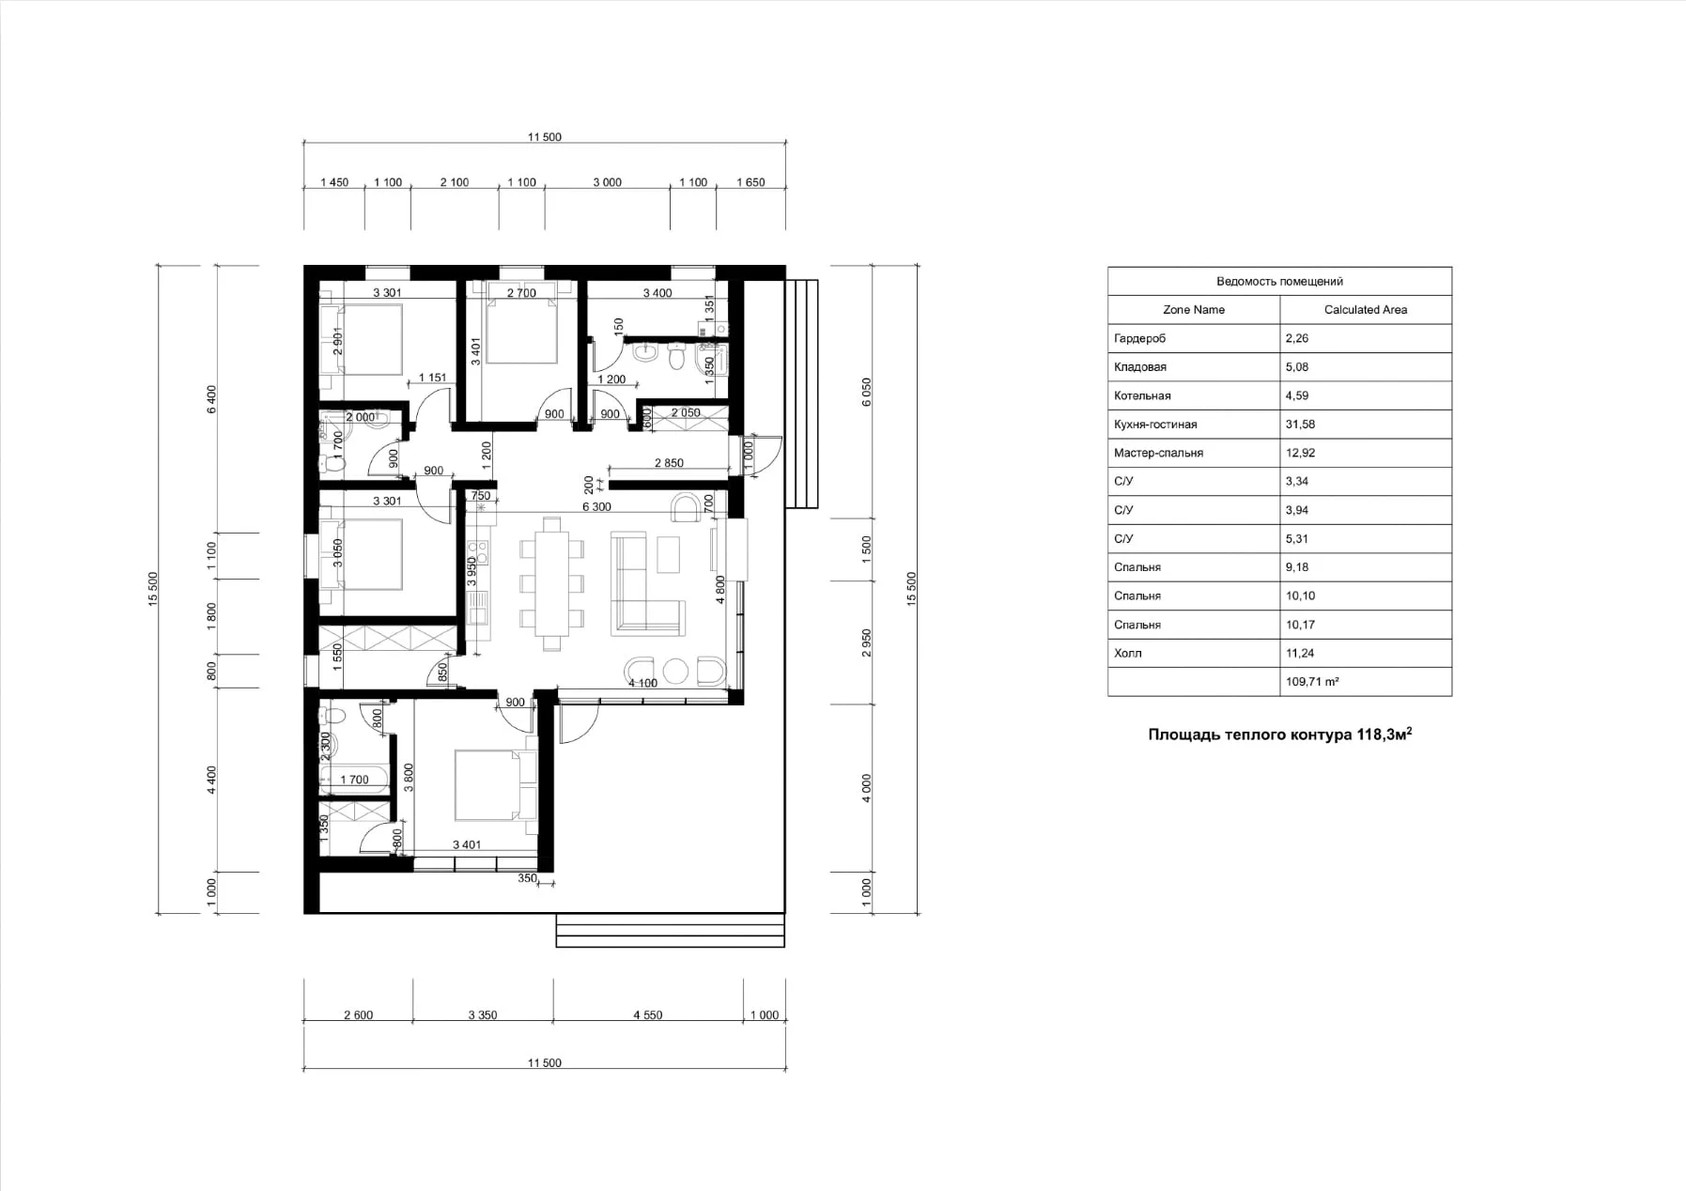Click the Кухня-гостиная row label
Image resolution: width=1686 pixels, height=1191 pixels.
(x=1155, y=425)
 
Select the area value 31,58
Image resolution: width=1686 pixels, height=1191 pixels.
(x=1300, y=425)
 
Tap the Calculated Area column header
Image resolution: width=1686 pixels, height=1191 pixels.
(x=1365, y=310)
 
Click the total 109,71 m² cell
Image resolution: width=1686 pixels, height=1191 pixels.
(x=1311, y=682)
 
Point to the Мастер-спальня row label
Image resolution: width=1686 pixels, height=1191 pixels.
(x=1158, y=453)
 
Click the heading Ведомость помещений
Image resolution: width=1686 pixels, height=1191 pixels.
(x=1279, y=281)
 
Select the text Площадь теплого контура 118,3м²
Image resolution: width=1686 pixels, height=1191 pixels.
(x=1279, y=735)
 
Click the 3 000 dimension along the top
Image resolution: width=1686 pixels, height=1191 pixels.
(x=607, y=182)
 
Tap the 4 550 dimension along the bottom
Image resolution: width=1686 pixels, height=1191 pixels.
(x=647, y=1015)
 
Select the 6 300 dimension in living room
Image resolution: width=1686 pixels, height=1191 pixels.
(x=596, y=507)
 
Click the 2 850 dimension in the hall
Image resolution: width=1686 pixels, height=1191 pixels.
(x=669, y=463)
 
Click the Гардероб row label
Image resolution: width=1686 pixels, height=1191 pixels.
(x=1139, y=338)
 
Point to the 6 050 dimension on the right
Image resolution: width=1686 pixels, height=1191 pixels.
(x=866, y=392)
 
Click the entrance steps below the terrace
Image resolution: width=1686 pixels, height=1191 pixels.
(x=670, y=934)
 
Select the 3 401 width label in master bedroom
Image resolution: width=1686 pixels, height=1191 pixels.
(x=467, y=844)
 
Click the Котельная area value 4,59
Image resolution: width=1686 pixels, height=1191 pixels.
(x=1296, y=395)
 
